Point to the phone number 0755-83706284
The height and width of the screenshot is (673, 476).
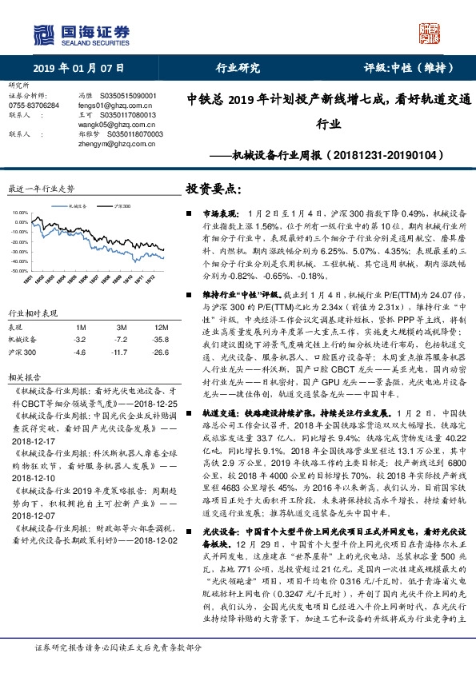pyautogui.click(x=33, y=105)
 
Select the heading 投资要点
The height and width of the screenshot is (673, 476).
pyautogui.click(x=213, y=189)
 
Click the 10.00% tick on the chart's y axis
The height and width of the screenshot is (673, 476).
pyautogui.click(x=20, y=212)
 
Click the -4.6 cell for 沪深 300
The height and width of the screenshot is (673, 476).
pyautogui.click(x=79, y=352)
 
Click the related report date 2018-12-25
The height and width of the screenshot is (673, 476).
pyautogui.click(x=157, y=404)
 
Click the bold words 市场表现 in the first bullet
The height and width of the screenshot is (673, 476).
pyautogui.click(x=217, y=215)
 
